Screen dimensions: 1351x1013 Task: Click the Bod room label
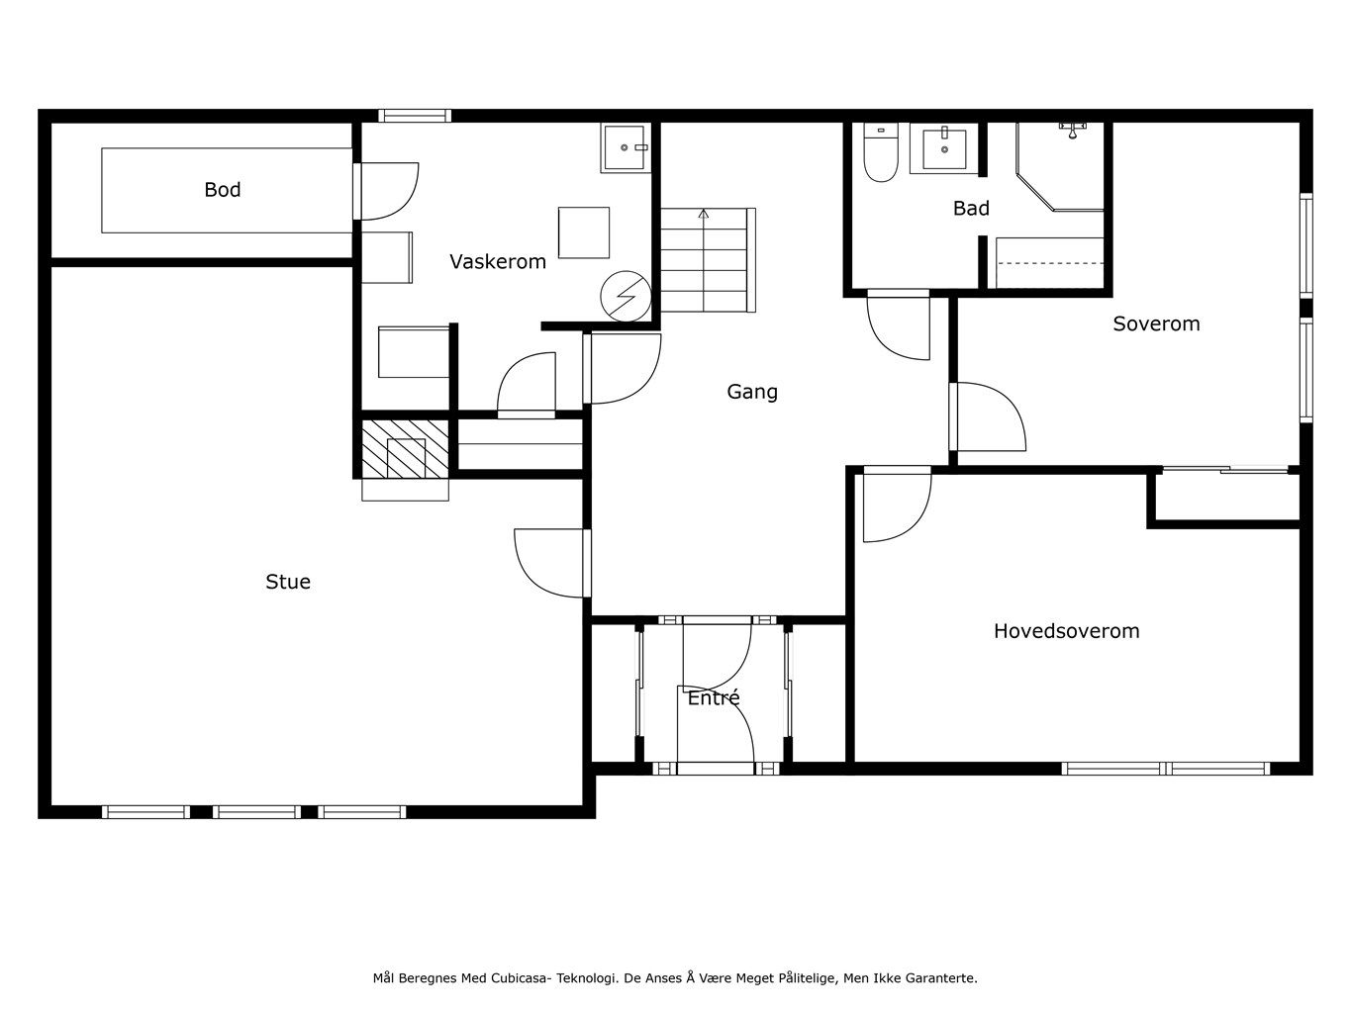click(x=222, y=189)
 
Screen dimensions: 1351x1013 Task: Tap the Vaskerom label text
click(x=497, y=262)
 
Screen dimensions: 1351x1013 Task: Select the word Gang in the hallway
click(x=752, y=392)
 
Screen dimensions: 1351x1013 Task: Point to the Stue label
click(x=287, y=582)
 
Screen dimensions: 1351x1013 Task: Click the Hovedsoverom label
click(x=1067, y=631)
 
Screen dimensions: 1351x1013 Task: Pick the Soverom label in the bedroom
click(x=1156, y=324)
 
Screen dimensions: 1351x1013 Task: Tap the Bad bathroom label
click(x=971, y=209)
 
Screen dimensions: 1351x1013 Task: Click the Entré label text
click(x=714, y=697)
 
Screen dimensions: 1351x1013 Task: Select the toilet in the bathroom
click(x=880, y=152)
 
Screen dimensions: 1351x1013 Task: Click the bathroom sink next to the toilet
click(x=943, y=148)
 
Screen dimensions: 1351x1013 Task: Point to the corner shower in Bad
click(x=1059, y=166)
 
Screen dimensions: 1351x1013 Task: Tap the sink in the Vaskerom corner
click(x=626, y=147)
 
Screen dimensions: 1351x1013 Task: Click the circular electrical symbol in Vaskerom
click(x=626, y=297)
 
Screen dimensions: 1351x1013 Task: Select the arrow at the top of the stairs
click(x=704, y=214)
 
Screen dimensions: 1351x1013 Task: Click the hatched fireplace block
click(x=405, y=449)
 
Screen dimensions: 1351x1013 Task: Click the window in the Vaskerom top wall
click(x=415, y=116)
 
